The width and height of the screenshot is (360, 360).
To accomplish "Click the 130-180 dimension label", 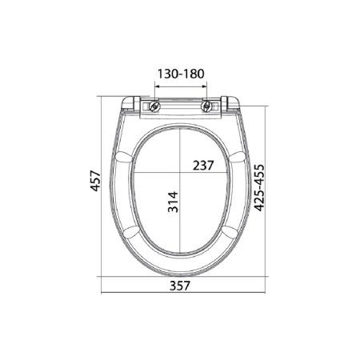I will (x=180, y=74).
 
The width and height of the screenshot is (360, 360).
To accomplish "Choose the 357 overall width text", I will (x=180, y=287).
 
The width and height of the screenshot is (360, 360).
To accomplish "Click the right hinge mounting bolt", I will (x=210, y=105).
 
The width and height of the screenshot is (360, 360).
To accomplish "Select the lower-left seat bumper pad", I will (x=134, y=234).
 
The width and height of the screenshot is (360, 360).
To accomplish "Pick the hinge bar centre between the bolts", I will (x=180, y=106).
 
